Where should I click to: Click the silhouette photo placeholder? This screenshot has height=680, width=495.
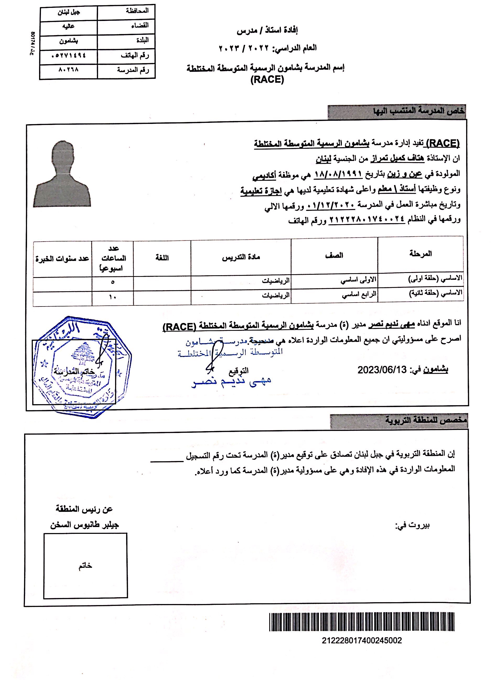[x=62, y=174]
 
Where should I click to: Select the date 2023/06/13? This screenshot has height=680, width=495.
[x=381, y=370]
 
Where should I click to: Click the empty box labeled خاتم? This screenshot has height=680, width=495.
[x=85, y=566]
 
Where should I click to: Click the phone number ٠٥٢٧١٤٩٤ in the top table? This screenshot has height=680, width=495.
[x=69, y=56]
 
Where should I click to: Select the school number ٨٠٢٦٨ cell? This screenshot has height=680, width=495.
[x=68, y=70]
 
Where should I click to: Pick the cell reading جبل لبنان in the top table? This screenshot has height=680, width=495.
[x=69, y=13]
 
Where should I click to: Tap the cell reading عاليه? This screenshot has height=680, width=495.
[x=68, y=27]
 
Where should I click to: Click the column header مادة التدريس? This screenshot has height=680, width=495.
[x=241, y=257]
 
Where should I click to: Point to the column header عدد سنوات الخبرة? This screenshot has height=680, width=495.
[x=62, y=259]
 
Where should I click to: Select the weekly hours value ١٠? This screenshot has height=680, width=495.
[x=112, y=297]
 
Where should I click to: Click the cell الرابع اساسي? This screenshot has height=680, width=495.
[x=359, y=295]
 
